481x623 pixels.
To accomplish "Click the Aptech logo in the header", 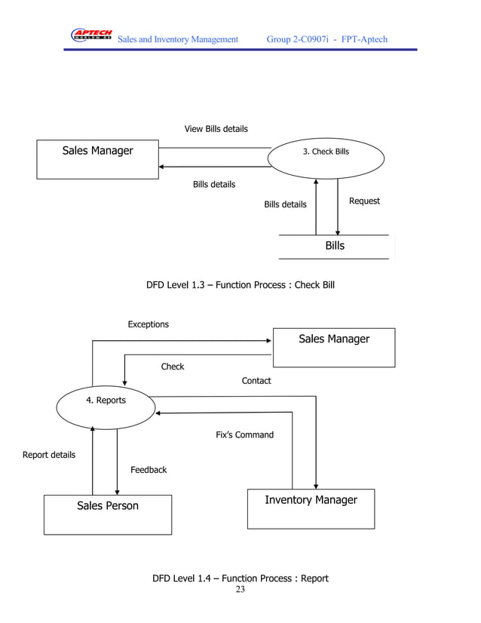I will point(90,35).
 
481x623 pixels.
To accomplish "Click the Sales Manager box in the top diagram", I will point(97,158).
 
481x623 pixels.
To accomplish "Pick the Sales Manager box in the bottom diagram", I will point(333,347).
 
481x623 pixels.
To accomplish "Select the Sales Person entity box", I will point(107,514).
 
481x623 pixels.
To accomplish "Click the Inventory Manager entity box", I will point(311,508).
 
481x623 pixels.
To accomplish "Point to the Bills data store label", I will point(335,246).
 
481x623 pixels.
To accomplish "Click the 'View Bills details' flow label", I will point(216,129).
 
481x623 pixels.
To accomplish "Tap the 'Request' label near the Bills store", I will point(364,201).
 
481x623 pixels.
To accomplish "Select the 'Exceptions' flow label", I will point(148,324).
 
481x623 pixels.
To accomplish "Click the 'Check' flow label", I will point(172,367).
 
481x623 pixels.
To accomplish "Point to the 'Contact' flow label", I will point(256,381).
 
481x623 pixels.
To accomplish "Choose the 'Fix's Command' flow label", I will point(244,435).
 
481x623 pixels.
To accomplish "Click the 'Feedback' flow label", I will point(149,470).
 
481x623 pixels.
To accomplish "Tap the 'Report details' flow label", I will point(49,455).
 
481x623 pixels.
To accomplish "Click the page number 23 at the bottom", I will point(240,590).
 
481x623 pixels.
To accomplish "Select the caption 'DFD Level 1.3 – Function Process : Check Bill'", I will point(240,285).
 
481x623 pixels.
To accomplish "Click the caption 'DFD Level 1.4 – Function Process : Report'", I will point(240,578).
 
